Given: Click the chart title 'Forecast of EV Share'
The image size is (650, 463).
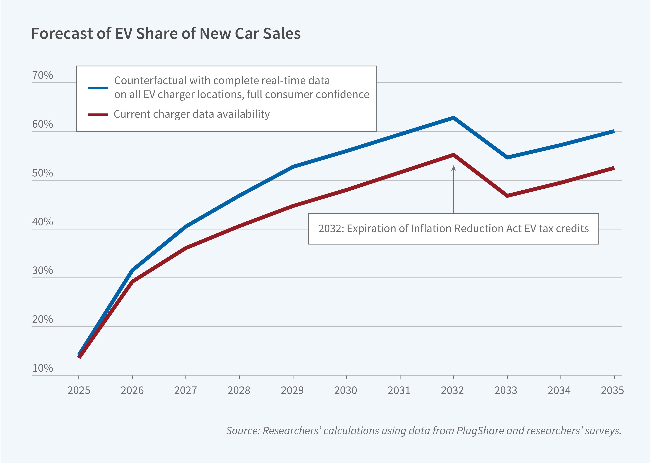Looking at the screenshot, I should tap(166, 34).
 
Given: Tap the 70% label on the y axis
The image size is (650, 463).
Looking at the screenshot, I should tap(43, 75).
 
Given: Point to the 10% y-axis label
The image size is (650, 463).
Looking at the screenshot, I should tap(43, 368).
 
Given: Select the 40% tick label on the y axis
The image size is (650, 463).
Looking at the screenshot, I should tap(43, 222).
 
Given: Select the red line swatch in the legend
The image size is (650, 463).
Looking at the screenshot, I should tap(98, 115).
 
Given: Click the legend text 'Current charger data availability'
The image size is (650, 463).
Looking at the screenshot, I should tap(191, 114).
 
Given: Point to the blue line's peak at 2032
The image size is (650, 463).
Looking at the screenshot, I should tap(453, 117).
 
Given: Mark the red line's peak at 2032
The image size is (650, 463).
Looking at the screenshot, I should tap(453, 155).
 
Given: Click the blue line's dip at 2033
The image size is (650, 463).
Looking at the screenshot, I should tap(507, 157).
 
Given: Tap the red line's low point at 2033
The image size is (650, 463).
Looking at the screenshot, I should tap(507, 196).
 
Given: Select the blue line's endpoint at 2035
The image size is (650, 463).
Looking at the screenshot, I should tap(614, 131).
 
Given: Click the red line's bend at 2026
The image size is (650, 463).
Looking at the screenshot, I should tap(132, 282).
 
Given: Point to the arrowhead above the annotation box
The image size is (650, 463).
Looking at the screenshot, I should tap(454, 168).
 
